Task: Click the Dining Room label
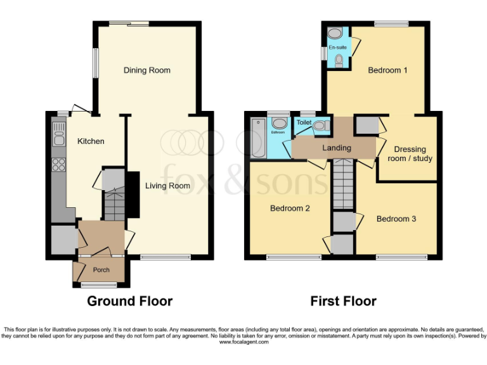tap(146, 70)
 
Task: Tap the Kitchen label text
tap(91, 141)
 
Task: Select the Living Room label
tap(167, 186)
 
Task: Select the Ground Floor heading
tap(129, 301)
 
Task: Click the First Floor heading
tap(343, 301)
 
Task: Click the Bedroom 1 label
tap(387, 70)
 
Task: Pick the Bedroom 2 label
tap(289, 208)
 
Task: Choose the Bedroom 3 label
tap(396, 219)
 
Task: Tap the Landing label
tap(336, 148)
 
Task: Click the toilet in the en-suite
tap(339, 61)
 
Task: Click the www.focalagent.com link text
tap(243, 342)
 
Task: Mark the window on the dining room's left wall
tap(96, 63)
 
